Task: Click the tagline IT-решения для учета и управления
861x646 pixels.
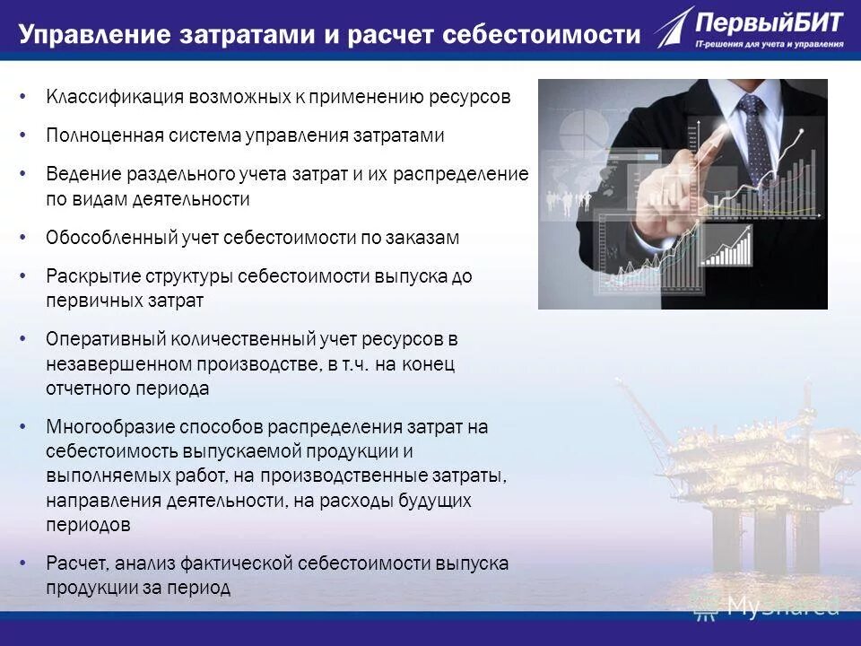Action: tap(770, 43)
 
